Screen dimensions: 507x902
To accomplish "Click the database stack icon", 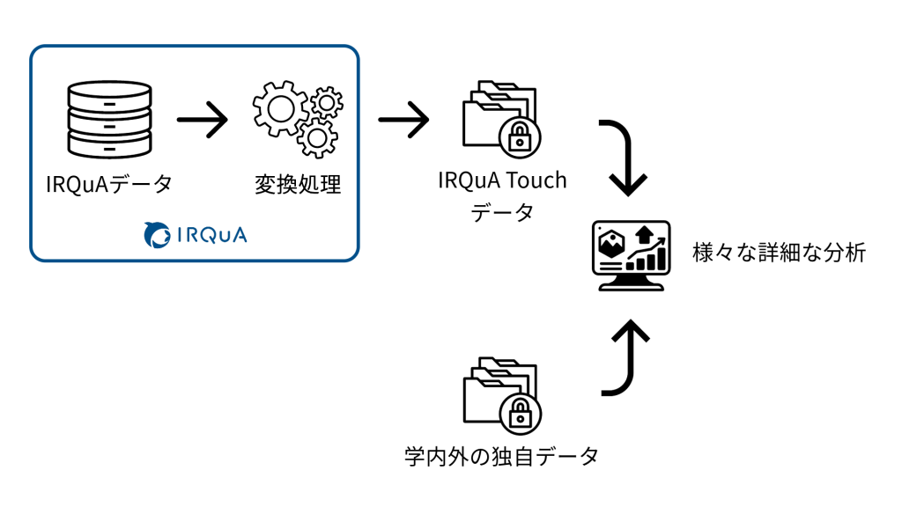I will pyautogui.click(x=109, y=120).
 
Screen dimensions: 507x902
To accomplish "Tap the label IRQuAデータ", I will pyautogui.click(x=109, y=185).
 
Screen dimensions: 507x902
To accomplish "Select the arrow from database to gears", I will pyautogui.click(x=202, y=120).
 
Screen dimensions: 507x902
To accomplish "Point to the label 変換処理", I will pyautogui.click(x=297, y=185).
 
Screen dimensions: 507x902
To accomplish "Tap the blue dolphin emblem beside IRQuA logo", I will pyautogui.click(x=157, y=234).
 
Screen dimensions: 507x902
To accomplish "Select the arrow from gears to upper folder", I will pyautogui.click(x=403, y=120).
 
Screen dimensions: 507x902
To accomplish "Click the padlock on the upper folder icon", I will pyautogui.click(x=520, y=136).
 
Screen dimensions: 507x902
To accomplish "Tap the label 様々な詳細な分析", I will pyautogui.click(x=779, y=253).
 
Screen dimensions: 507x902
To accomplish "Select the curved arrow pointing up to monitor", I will pyautogui.click(x=625, y=356).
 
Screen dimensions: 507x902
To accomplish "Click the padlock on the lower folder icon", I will pyautogui.click(x=520, y=413).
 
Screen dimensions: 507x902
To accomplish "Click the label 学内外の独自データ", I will pyautogui.click(x=501, y=457).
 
